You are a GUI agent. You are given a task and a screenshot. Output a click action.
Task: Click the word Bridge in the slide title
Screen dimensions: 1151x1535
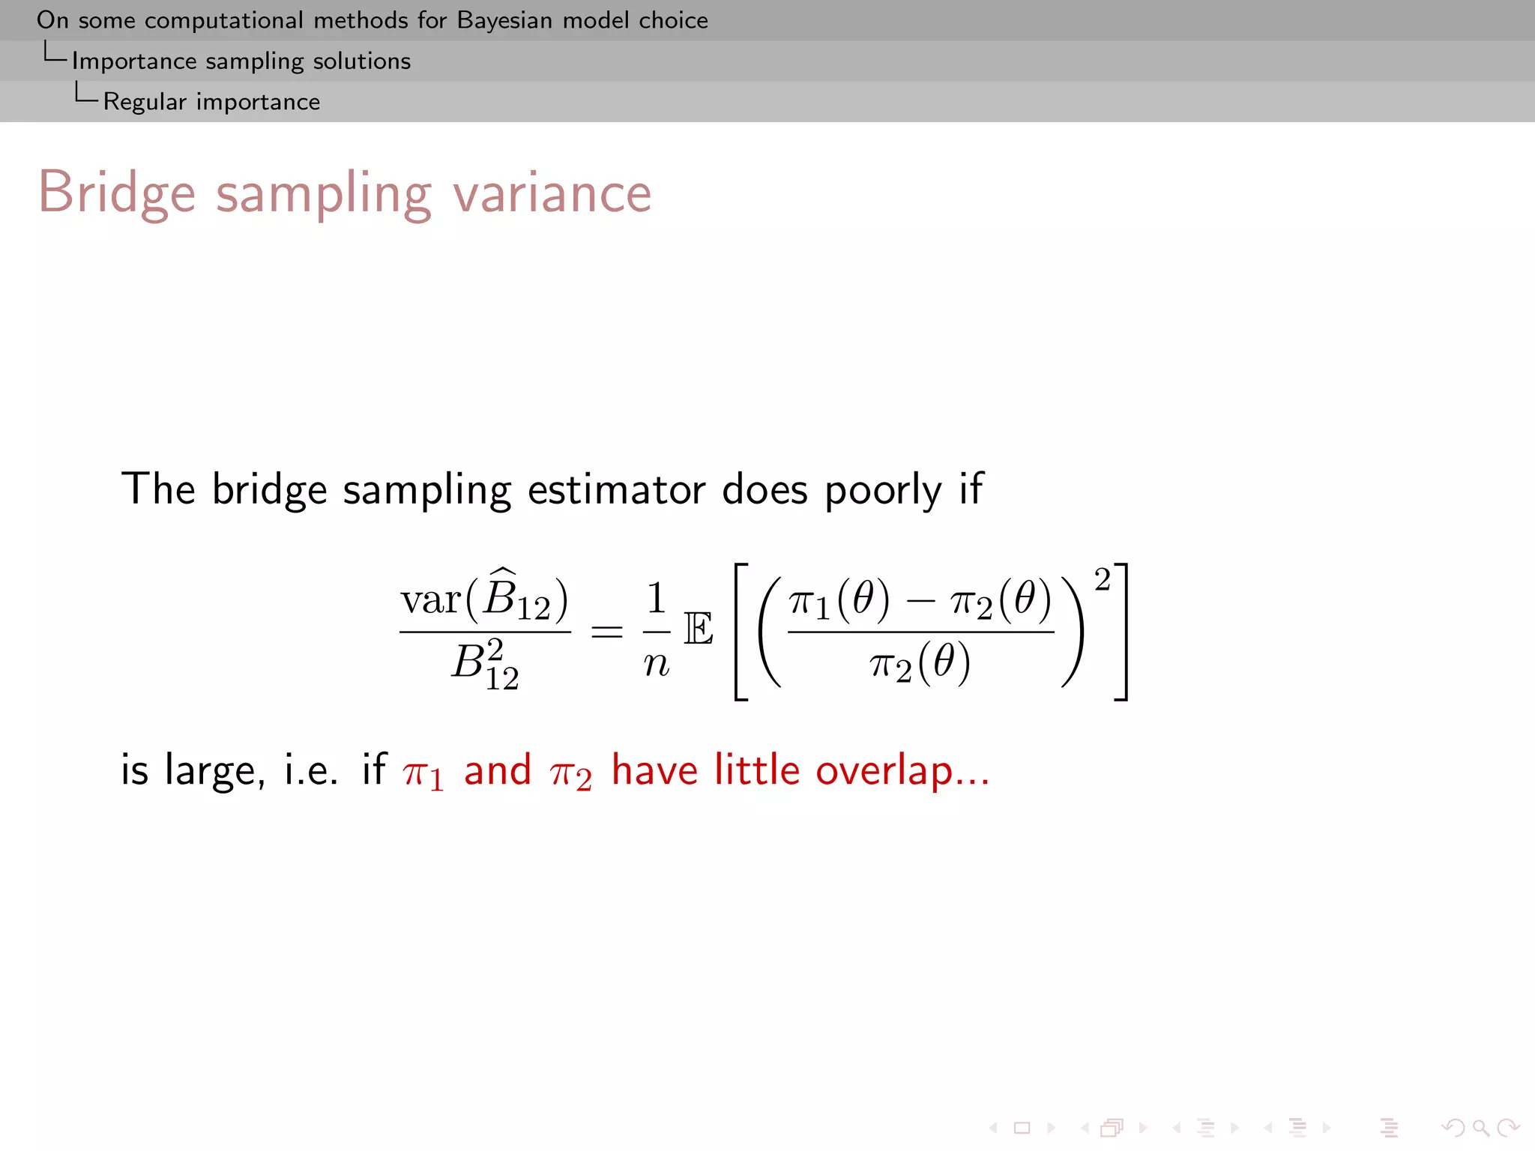point(117,193)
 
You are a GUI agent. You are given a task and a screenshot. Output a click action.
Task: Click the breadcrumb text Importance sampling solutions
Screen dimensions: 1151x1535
point(241,61)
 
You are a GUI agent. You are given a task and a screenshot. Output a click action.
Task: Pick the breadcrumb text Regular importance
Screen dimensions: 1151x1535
point(211,101)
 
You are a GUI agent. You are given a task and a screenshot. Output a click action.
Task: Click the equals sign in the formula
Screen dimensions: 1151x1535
point(606,632)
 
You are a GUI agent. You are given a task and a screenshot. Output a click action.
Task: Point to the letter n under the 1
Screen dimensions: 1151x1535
point(657,663)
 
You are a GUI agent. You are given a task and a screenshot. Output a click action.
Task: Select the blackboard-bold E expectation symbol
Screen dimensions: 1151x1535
point(699,629)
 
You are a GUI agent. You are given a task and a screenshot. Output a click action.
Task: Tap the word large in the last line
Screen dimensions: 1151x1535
point(214,770)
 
